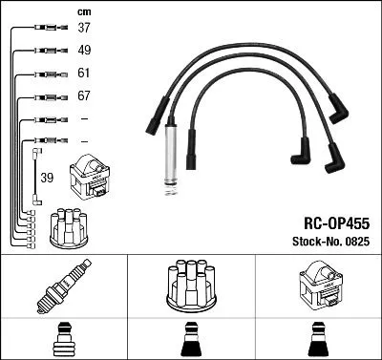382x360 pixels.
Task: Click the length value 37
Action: click(x=84, y=28)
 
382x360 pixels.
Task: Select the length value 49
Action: click(x=84, y=51)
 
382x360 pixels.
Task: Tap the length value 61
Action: click(x=84, y=74)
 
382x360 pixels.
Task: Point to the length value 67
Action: click(x=84, y=96)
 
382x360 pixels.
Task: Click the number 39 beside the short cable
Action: click(x=47, y=179)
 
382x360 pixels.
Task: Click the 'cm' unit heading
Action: click(x=82, y=11)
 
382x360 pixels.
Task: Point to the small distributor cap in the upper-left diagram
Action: click(x=70, y=225)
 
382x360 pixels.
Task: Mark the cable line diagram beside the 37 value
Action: click(x=45, y=28)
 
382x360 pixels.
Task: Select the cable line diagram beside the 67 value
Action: click(x=45, y=96)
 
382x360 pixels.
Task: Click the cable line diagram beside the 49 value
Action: click(x=45, y=51)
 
